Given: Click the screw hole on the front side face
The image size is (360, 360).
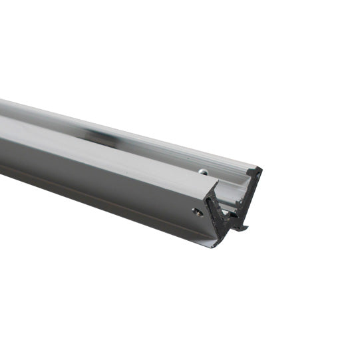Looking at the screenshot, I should (x=198, y=212).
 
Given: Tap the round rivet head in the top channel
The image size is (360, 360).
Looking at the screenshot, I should (x=201, y=171).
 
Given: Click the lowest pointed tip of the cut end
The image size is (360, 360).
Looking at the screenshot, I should (x=214, y=246).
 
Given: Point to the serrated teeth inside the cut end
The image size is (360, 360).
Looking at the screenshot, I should (x=226, y=213).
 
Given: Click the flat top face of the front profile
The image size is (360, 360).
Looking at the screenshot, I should (x=100, y=150).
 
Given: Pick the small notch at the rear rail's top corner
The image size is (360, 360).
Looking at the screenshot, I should (x=250, y=172).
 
